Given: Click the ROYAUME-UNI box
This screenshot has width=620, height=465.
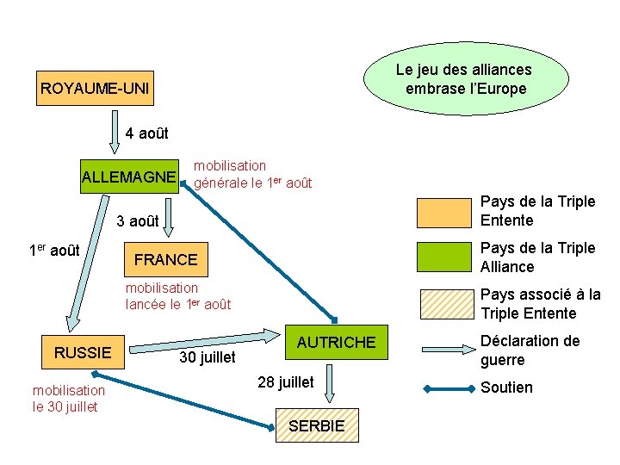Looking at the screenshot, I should pos(95,88).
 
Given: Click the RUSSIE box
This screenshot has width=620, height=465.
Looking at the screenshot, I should pos(83,352).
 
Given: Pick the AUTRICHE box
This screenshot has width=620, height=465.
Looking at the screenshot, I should pos(336,343).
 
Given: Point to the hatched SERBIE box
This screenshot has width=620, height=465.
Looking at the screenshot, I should pos(316,425).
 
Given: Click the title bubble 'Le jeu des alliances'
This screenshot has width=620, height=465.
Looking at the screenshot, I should pos(463,79).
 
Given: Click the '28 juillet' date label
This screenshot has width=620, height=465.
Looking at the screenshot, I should pos(286,381).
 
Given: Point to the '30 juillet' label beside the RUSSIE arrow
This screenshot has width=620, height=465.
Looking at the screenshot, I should pos(207,356).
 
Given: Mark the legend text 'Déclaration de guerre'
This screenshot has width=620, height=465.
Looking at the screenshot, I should pos(519,350).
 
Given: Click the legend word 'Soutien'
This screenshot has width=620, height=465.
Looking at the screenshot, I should pos(506,387).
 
